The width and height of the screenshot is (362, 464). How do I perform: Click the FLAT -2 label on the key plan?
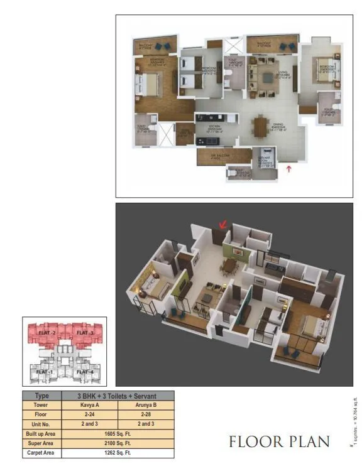point(46,332)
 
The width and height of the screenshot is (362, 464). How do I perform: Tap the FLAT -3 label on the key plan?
point(81,332)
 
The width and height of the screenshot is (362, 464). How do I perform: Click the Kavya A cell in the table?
point(89,405)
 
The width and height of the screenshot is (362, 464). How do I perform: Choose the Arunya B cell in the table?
point(146,405)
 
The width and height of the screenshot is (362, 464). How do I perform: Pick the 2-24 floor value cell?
point(89,414)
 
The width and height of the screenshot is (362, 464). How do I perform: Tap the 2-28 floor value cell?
point(146,414)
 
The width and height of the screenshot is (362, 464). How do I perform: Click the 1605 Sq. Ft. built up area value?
point(118,433)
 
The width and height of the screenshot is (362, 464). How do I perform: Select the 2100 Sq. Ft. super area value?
point(118,443)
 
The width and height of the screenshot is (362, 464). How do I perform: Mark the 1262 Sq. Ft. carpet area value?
point(118,452)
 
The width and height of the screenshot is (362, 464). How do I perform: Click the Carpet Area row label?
point(41,452)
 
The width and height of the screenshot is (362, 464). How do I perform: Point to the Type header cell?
point(41,396)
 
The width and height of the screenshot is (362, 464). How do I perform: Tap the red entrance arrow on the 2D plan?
point(289,168)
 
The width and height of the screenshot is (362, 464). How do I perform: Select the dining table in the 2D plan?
point(260,127)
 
